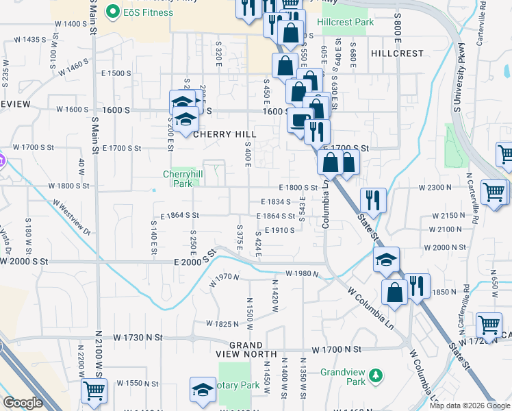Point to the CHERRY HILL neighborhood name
click(x=224, y=134)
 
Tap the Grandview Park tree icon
click(x=375, y=375)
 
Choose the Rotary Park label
click(x=239, y=386)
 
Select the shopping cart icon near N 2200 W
click(x=94, y=390)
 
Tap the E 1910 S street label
click(x=279, y=230)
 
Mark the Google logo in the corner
click(x=23, y=403)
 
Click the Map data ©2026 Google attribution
click(x=469, y=406)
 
